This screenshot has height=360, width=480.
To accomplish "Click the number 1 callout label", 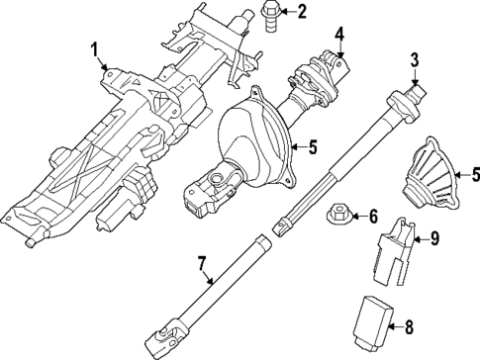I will tap(94, 48).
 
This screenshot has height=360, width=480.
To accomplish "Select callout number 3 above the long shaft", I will tap(415, 61).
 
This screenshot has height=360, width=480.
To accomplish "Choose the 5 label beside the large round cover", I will tap(311, 148).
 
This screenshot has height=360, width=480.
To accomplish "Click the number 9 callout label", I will tap(432, 238).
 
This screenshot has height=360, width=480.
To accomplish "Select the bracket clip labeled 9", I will tap(395, 245).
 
